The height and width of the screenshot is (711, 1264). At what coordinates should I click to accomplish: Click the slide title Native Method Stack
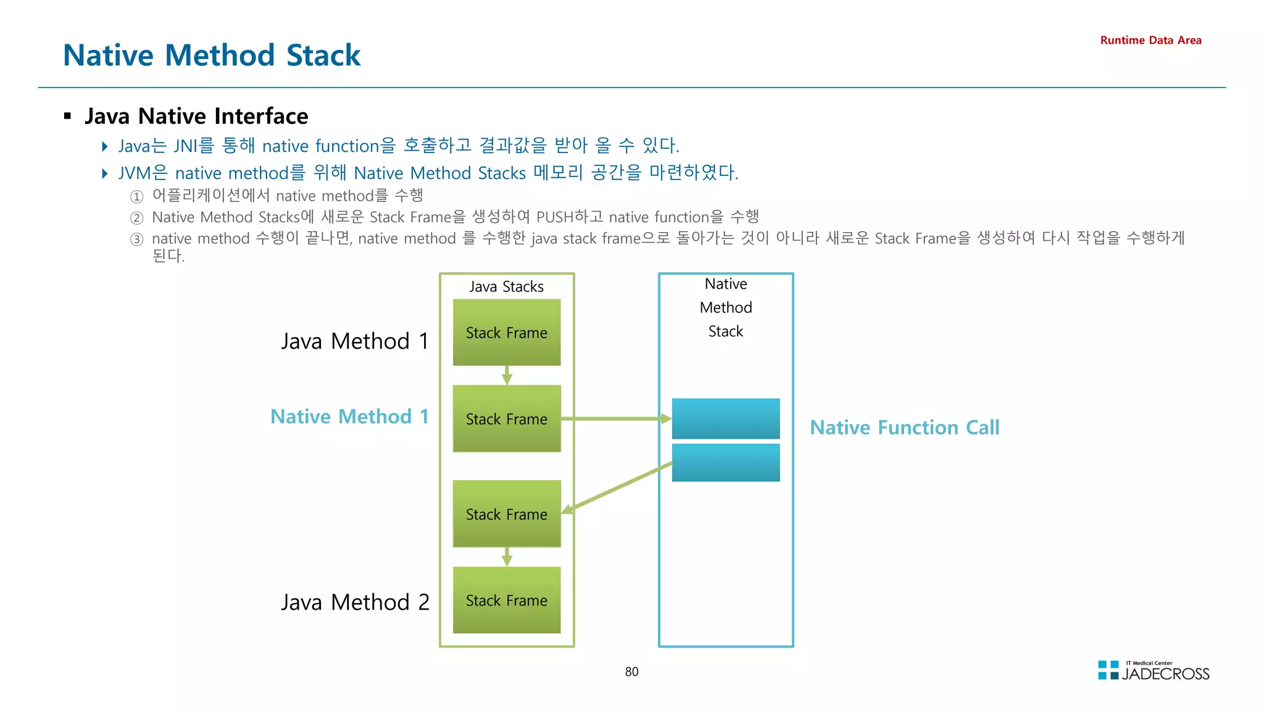[x=212, y=55]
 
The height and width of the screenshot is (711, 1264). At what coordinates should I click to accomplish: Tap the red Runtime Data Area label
[x=1150, y=40]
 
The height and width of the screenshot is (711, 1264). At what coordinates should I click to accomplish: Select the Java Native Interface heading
[x=196, y=116]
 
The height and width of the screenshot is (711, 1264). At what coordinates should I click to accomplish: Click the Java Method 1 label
[x=355, y=341]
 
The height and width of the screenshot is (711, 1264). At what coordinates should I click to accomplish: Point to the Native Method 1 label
[x=349, y=417]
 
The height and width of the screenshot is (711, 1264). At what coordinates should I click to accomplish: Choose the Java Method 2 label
[x=355, y=602]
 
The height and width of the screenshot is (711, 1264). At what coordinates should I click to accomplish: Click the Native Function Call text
[x=904, y=427]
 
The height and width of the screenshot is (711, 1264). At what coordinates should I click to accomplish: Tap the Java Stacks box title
[x=506, y=286]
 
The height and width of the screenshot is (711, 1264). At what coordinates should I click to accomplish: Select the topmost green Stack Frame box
[x=506, y=333]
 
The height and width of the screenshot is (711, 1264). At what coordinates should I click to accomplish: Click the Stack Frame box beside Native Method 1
[x=506, y=419]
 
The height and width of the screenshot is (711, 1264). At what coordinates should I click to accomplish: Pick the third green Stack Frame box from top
[x=506, y=514]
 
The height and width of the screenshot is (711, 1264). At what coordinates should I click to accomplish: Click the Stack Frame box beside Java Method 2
[x=506, y=601]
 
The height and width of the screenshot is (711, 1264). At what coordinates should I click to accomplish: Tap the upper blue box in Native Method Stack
[x=725, y=418]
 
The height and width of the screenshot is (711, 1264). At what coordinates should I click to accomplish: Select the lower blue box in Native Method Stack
[x=725, y=462]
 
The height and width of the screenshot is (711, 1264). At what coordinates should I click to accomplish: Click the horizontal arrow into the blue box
[x=617, y=418]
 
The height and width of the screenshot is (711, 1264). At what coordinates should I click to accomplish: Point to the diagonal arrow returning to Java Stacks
[x=617, y=488]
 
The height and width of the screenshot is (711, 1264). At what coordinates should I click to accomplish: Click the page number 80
[x=631, y=671]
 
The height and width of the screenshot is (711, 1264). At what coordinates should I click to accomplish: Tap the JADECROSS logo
[x=1154, y=671]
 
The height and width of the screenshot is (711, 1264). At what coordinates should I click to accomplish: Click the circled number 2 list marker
[x=136, y=218]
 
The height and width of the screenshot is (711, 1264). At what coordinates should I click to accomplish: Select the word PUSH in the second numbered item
[x=554, y=217]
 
